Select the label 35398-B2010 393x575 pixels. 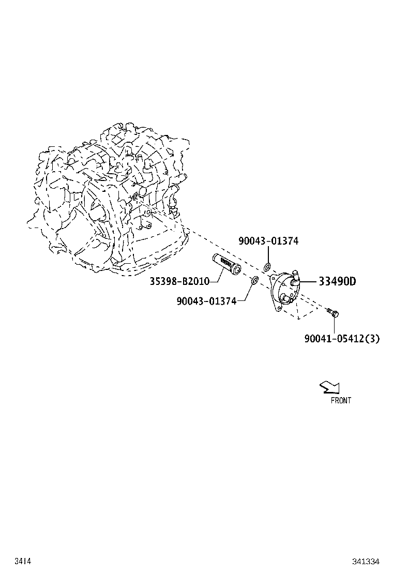click(179, 281)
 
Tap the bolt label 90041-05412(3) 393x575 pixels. click(342, 339)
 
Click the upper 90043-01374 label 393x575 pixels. click(268, 241)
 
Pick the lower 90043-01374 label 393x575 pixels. click(206, 300)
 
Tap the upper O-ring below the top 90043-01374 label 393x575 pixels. click(267, 267)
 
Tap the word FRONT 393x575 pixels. click(341, 400)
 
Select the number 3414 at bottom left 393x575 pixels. click(22, 561)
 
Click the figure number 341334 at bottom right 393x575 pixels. click(366, 561)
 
